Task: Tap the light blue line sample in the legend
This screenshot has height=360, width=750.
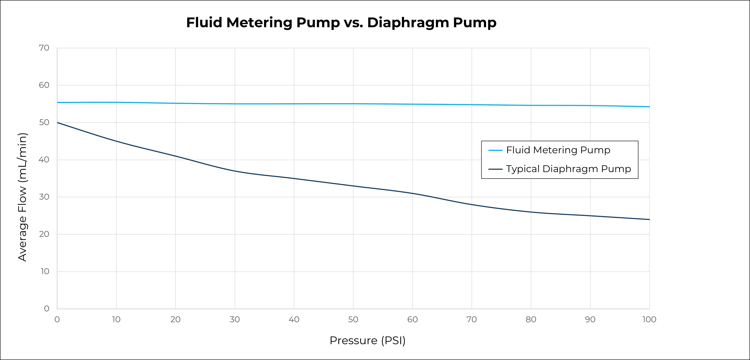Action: point(495,150)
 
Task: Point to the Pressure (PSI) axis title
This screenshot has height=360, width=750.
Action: point(367,340)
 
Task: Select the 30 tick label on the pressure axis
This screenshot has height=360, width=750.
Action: point(235,320)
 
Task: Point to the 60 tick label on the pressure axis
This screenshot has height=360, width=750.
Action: point(412,320)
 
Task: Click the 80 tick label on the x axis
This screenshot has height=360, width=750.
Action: point(531,320)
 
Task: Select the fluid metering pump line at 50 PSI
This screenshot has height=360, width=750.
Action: point(353,104)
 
